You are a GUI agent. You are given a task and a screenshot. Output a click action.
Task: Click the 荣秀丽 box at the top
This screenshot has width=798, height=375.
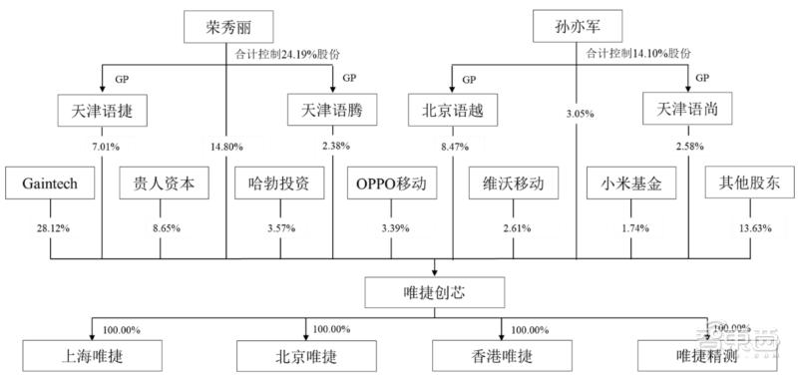point(227,26)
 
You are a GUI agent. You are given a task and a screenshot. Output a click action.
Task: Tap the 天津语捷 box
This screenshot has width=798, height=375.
point(102,109)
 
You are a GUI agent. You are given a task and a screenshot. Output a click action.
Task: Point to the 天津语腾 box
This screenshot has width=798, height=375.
point(332,109)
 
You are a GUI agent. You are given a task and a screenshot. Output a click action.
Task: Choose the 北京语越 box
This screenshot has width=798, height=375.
point(453,109)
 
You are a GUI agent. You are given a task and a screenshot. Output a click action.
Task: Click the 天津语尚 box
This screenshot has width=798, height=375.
point(687,109)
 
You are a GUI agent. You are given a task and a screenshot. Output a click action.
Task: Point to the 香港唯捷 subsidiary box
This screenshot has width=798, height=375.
point(498,353)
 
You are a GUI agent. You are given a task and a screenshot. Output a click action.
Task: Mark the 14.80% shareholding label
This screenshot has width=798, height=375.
point(227,148)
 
